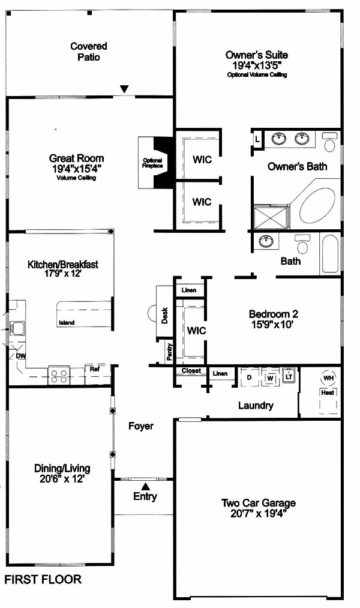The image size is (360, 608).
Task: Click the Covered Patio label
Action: click(x=88, y=52)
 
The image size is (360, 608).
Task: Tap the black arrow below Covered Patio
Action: click(x=124, y=89)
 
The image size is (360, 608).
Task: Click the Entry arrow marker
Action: click(x=145, y=486)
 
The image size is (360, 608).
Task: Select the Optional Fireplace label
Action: click(x=152, y=163)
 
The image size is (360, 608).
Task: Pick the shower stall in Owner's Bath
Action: click(x=271, y=218)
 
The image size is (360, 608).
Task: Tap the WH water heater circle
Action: click(x=328, y=378)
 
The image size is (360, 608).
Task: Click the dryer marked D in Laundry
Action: click(x=249, y=378)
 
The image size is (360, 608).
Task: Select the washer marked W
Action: click(x=270, y=378)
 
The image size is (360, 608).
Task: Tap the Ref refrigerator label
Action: click(x=95, y=369)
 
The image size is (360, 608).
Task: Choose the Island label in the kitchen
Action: click(x=67, y=323)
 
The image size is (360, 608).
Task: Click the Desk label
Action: click(x=164, y=315)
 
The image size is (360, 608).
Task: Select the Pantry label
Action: click(x=169, y=352)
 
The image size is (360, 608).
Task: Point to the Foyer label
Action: click(x=141, y=426)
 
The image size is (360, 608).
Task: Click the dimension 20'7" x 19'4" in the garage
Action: click(x=258, y=513)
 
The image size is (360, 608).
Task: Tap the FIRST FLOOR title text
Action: click(x=43, y=579)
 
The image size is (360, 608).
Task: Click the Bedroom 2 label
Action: click(x=273, y=314)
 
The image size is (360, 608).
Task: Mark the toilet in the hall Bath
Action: click(x=301, y=244)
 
